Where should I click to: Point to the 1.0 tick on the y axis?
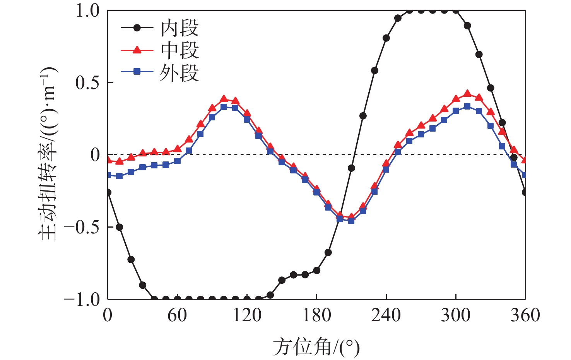[88, 11]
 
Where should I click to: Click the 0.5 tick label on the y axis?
[88, 83]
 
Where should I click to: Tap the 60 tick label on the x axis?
[177, 315]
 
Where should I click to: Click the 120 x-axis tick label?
[247, 315]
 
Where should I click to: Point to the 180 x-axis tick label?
[316, 315]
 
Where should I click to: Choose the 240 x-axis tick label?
[386, 315]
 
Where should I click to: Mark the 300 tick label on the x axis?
[456, 315]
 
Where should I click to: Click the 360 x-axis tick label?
[525, 315]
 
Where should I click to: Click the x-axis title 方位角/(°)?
[316, 346]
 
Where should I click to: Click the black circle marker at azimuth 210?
[351, 168]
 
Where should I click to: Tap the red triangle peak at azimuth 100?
[224, 99]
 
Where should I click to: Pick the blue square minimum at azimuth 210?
[351, 221]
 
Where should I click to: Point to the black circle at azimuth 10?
[119, 227]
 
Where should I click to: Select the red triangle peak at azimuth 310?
[467, 94]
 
